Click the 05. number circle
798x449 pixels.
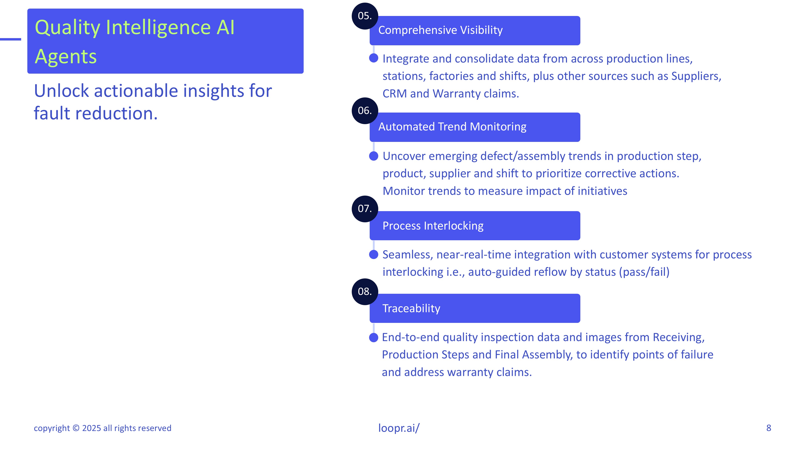[365, 16]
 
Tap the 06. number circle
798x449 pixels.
[365, 111]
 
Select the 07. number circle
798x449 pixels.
[365, 209]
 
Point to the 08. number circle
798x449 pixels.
[365, 292]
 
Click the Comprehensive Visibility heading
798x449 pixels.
[440, 30]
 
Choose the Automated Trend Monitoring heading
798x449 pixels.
[452, 127]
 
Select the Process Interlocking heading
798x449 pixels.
[433, 226]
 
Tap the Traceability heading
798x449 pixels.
[411, 309]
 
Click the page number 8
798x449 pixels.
[768, 428]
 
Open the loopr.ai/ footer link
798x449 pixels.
[399, 428]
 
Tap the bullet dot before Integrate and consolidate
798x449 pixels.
[374, 58]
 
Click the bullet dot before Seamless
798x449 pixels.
[374, 254]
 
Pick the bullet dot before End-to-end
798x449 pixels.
[374, 337]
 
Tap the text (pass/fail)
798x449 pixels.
[644, 272]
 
